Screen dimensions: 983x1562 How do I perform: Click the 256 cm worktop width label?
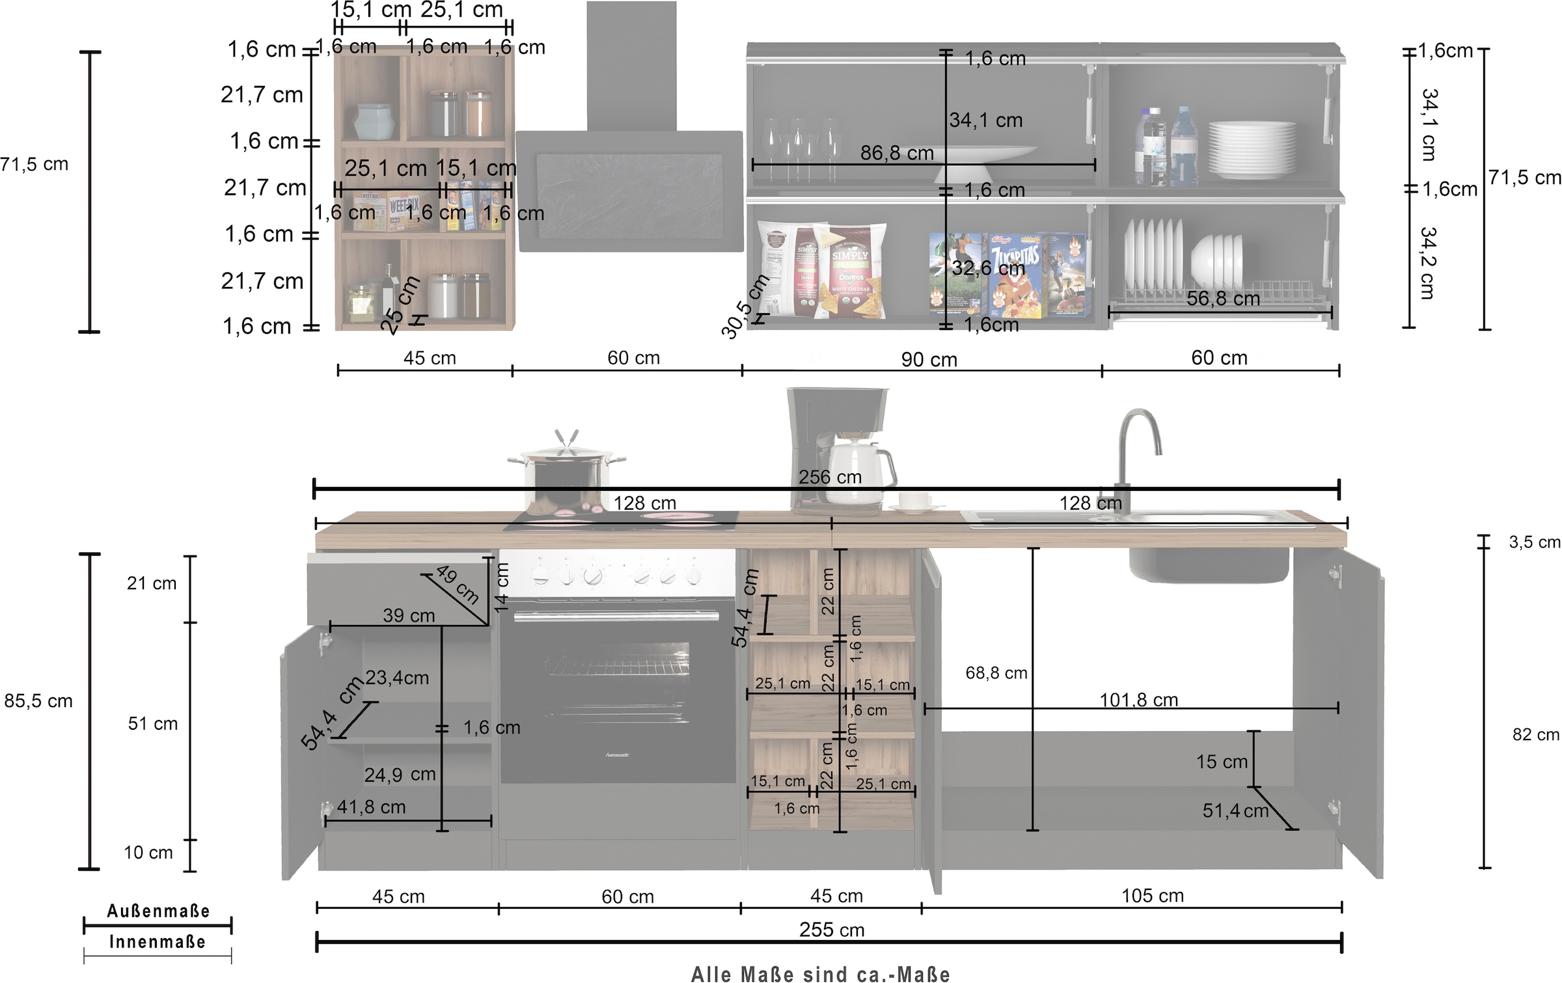(x=830, y=477)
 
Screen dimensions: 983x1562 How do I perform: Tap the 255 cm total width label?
(x=832, y=930)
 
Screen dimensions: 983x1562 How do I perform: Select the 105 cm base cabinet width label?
(x=1152, y=896)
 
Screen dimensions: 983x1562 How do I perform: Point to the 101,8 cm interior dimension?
(x=1139, y=700)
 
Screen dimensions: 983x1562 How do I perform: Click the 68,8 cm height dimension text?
(x=996, y=673)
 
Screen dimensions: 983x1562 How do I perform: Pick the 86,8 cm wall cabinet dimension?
(x=897, y=153)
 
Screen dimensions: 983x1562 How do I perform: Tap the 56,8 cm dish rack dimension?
(x=1223, y=299)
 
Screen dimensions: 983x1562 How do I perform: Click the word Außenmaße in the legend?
(x=158, y=911)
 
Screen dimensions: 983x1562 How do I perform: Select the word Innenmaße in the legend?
(x=158, y=942)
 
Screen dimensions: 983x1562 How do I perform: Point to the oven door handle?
(x=616, y=615)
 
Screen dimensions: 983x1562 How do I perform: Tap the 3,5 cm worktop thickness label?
(x=1534, y=542)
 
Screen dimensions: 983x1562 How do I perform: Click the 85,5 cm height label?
(x=38, y=701)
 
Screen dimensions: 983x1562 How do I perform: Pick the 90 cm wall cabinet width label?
(x=929, y=359)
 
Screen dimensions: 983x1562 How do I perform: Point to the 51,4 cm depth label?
(x=1235, y=811)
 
